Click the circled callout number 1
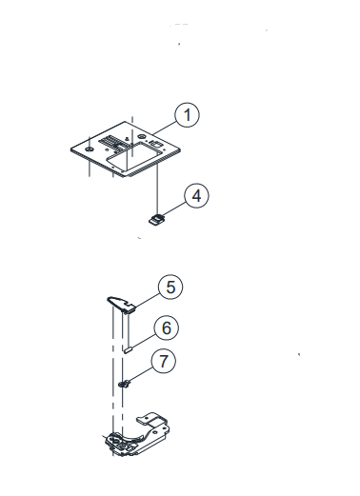point(188,114)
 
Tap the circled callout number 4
point(196,195)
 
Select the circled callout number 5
point(170,287)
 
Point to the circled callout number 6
point(167,327)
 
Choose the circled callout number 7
point(163,361)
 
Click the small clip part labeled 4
point(156,220)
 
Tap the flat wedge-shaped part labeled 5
point(121,304)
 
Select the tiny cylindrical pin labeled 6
point(128,350)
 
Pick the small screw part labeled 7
point(125,385)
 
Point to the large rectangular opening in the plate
point(132,156)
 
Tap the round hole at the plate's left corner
point(90,149)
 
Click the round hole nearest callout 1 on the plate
point(141,136)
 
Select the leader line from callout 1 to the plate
point(165,128)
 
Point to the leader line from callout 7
point(141,375)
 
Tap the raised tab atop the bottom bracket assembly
point(151,419)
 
